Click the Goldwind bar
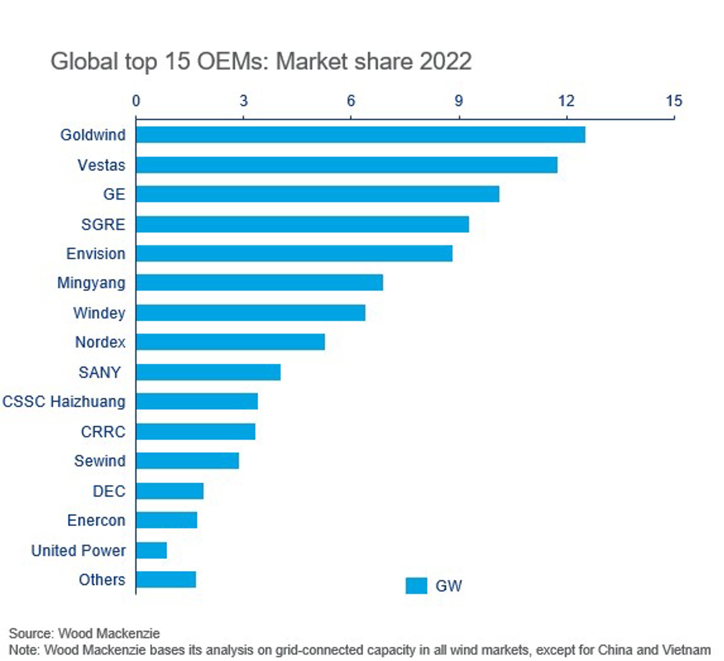click(360, 135)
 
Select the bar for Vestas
click(347, 165)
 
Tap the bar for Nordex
click(230, 342)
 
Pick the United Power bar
click(151, 550)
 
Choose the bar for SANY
click(208, 372)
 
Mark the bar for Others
click(166, 580)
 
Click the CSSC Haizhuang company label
click(64, 402)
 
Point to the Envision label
click(96, 254)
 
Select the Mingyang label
click(91, 283)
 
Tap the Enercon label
click(96, 520)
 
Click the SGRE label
click(103, 224)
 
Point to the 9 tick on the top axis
click(459, 101)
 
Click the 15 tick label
click(674, 101)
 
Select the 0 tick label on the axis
click(136, 101)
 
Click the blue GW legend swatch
click(416, 586)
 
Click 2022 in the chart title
click(445, 62)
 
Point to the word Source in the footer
click(31, 634)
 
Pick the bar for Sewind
click(187, 461)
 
